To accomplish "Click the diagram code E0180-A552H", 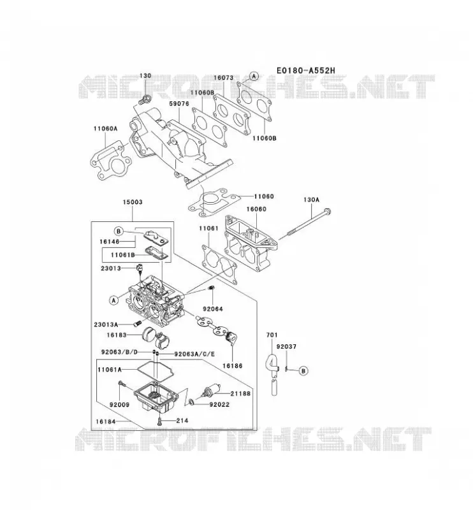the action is (x=306, y=70).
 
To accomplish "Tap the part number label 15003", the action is (x=133, y=202).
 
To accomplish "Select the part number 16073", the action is (x=224, y=78).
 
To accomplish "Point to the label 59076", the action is (x=179, y=104).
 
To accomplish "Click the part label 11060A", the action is (x=105, y=129).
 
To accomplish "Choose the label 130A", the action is (x=311, y=200).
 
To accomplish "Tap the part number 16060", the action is (x=256, y=209).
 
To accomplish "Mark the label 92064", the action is (x=213, y=309).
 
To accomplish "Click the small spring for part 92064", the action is (x=211, y=288).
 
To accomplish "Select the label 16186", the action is (x=232, y=366).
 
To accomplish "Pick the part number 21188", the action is (x=240, y=393).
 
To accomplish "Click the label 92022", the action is (x=219, y=405).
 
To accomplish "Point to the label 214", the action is (x=182, y=421).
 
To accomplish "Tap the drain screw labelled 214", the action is (x=159, y=422).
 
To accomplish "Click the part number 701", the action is (x=272, y=335).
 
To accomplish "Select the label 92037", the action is (x=286, y=347).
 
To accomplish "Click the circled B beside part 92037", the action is (x=303, y=370).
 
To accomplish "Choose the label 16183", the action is (x=117, y=335).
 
